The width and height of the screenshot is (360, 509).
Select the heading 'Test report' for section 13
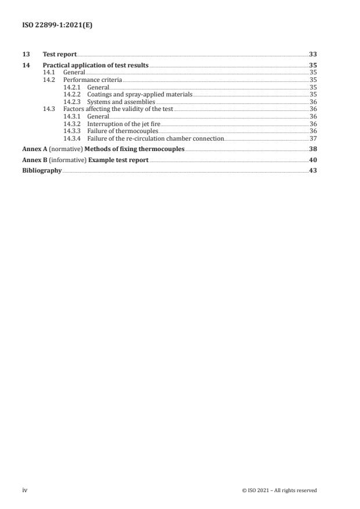pos(60,54)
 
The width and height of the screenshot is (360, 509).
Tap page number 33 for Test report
pos(312,54)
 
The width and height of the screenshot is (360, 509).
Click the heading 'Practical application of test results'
pos(96,65)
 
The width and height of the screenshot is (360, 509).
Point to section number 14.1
pos(50,72)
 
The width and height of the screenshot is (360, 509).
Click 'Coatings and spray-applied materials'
pos(139,94)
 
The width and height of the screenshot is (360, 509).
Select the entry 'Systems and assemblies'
pos(121,101)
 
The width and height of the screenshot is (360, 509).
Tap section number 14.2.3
pos(73,101)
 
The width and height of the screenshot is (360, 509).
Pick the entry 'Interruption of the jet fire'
pos(123,124)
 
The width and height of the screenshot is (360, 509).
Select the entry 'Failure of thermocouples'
pos(122,131)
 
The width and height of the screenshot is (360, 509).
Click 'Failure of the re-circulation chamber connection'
pos(155,138)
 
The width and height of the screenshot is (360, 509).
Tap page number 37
pos(313,138)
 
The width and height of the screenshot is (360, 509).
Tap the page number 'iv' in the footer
pos(25,490)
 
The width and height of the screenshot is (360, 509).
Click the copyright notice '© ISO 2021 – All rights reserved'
pos(279,490)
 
